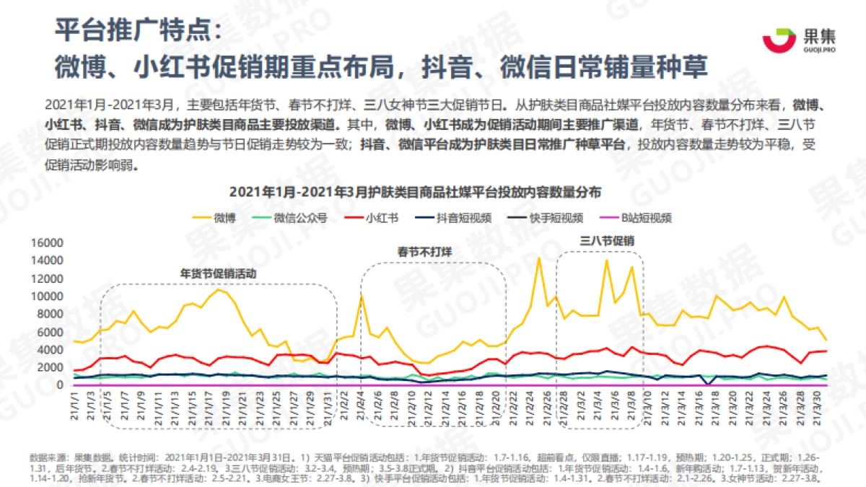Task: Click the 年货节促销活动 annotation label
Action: point(217,274)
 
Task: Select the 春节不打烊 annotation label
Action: point(424,252)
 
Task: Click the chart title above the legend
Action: point(415,193)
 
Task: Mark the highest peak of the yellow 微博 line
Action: point(538,258)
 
